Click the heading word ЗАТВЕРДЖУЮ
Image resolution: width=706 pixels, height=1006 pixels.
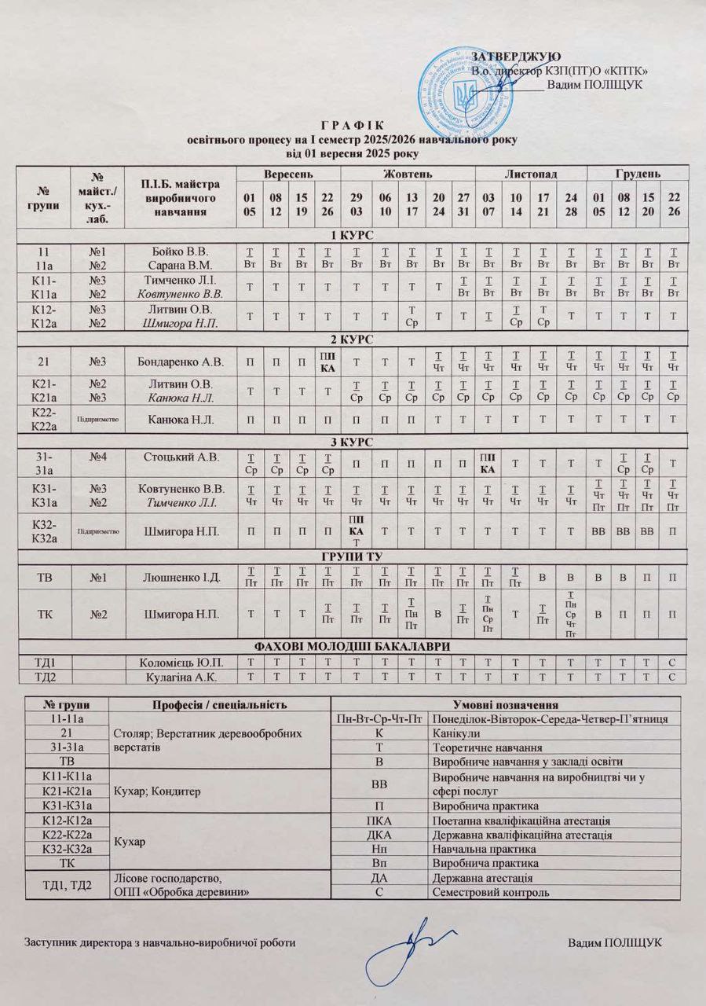pyautogui.click(x=515, y=56)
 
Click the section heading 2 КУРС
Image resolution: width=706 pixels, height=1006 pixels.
pyautogui.click(x=353, y=340)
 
